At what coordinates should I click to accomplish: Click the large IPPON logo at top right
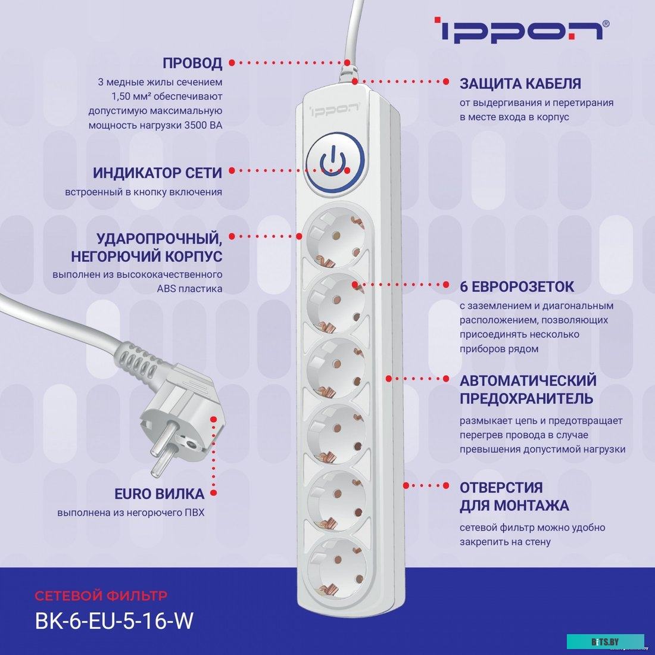click(521, 30)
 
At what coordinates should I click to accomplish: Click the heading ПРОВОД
click(192, 63)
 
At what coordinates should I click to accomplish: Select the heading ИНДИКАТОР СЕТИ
click(157, 173)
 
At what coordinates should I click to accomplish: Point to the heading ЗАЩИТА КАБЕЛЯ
click(520, 84)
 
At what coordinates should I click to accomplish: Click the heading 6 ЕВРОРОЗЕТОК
click(516, 287)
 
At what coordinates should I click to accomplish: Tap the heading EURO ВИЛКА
click(159, 494)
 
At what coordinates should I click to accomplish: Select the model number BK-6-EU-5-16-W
click(114, 621)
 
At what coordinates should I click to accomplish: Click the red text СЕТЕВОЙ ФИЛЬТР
click(101, 595)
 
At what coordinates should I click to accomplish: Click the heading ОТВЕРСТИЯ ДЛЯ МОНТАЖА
click(514, 497)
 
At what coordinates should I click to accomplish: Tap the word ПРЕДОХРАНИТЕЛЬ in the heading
click(526, 398)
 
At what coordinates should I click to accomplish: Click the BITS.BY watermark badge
click(606, 641)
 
